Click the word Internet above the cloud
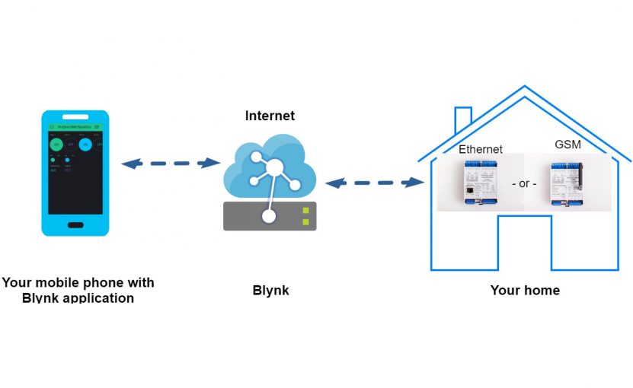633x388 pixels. pos(270,116)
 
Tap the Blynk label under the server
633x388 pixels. pos(270,291)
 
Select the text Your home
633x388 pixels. pos(525,290)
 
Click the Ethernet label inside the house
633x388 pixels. pos(480,149)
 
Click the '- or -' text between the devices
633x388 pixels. pos(523,184)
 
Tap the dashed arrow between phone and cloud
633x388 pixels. pos(171,163)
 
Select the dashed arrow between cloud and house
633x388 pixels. pos(374,183)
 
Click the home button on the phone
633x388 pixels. pos(75,225)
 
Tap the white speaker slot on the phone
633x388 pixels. pos(75,117)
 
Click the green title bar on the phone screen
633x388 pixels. pos(75,127)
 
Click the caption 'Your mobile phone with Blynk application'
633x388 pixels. pos(78,290)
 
